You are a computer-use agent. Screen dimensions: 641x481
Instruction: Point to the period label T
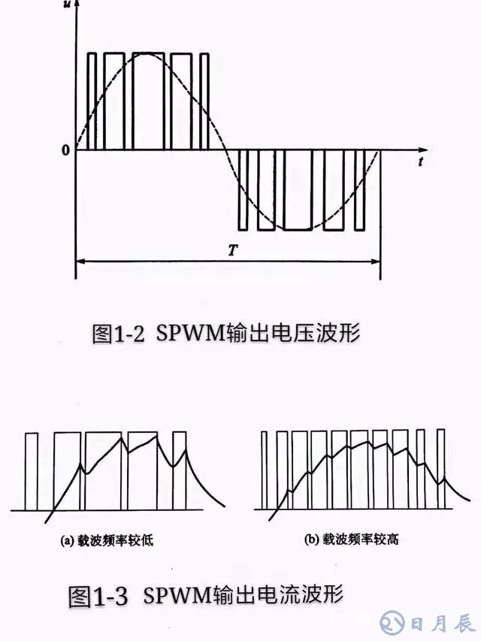point(234,249)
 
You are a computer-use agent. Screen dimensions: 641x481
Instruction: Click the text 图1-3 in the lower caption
point(97,597)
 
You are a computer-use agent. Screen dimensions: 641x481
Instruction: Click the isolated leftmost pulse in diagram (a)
point(31,472)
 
